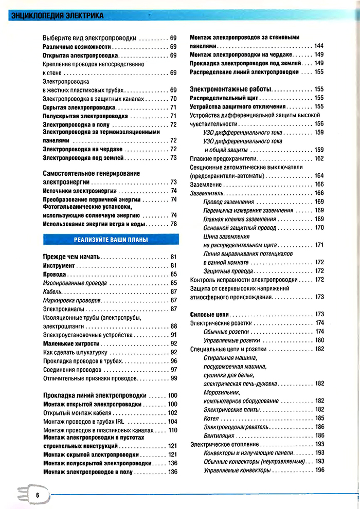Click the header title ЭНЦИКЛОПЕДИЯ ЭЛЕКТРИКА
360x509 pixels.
coord(57,16)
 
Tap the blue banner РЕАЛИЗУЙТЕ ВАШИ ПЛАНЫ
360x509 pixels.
coord(111,240)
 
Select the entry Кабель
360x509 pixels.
coord(52,292)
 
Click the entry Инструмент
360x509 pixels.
coord(59,265)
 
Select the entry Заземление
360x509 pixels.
coord(206,185)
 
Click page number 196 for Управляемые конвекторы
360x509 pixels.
coord(319,470)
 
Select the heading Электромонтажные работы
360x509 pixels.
coord(231,89)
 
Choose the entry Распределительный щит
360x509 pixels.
coord(224,98)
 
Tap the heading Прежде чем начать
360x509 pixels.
coord(73,257)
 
